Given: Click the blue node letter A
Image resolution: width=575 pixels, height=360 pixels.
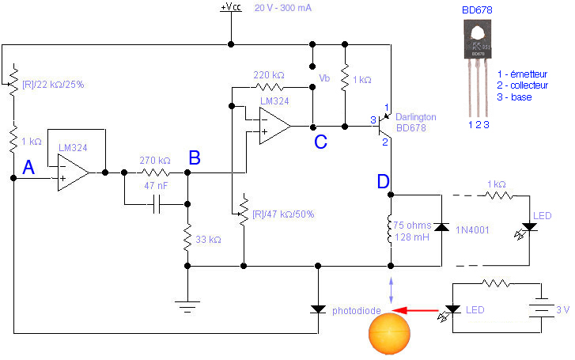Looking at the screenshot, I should click(28, 167).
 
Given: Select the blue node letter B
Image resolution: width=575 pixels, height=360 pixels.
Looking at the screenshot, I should click(195, 158).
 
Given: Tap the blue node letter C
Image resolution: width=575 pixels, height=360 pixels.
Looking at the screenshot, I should click(320, 142).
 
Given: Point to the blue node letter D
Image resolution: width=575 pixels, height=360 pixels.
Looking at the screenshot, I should click(383, 182).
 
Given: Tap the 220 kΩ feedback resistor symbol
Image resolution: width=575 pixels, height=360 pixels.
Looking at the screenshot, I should click(269, 87).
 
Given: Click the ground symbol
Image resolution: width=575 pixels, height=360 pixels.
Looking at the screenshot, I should click(187, 301).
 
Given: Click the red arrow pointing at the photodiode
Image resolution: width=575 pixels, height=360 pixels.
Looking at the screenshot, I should click(416, 309).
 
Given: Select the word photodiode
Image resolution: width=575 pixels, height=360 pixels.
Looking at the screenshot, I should click(356, 309).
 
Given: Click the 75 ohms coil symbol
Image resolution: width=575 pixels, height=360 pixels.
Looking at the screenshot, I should click(390, 229).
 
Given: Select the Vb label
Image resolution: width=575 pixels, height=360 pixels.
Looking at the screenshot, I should click(325, 78).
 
